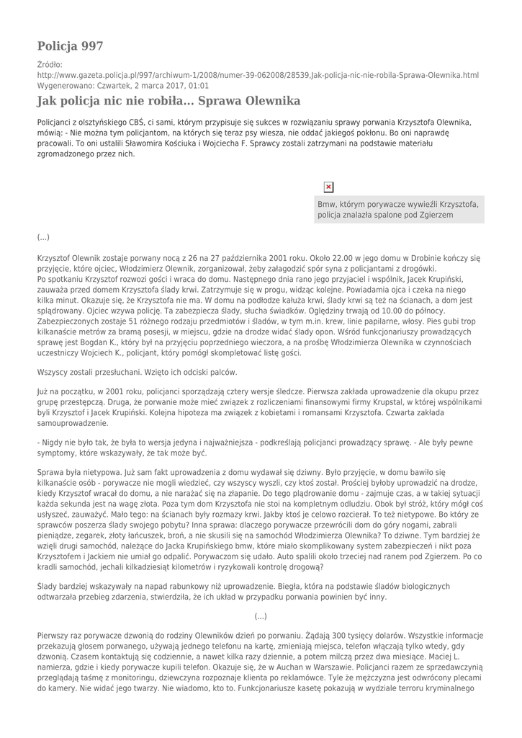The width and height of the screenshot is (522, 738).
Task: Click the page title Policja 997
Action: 70,46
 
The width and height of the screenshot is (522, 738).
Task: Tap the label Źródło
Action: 50,64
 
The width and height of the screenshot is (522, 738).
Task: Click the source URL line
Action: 258,75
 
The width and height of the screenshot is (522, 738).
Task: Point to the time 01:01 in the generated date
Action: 199,85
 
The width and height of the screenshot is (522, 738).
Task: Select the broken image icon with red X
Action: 329,187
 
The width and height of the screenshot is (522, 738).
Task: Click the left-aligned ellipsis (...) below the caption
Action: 43,236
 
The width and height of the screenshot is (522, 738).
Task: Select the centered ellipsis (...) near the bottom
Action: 261,616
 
